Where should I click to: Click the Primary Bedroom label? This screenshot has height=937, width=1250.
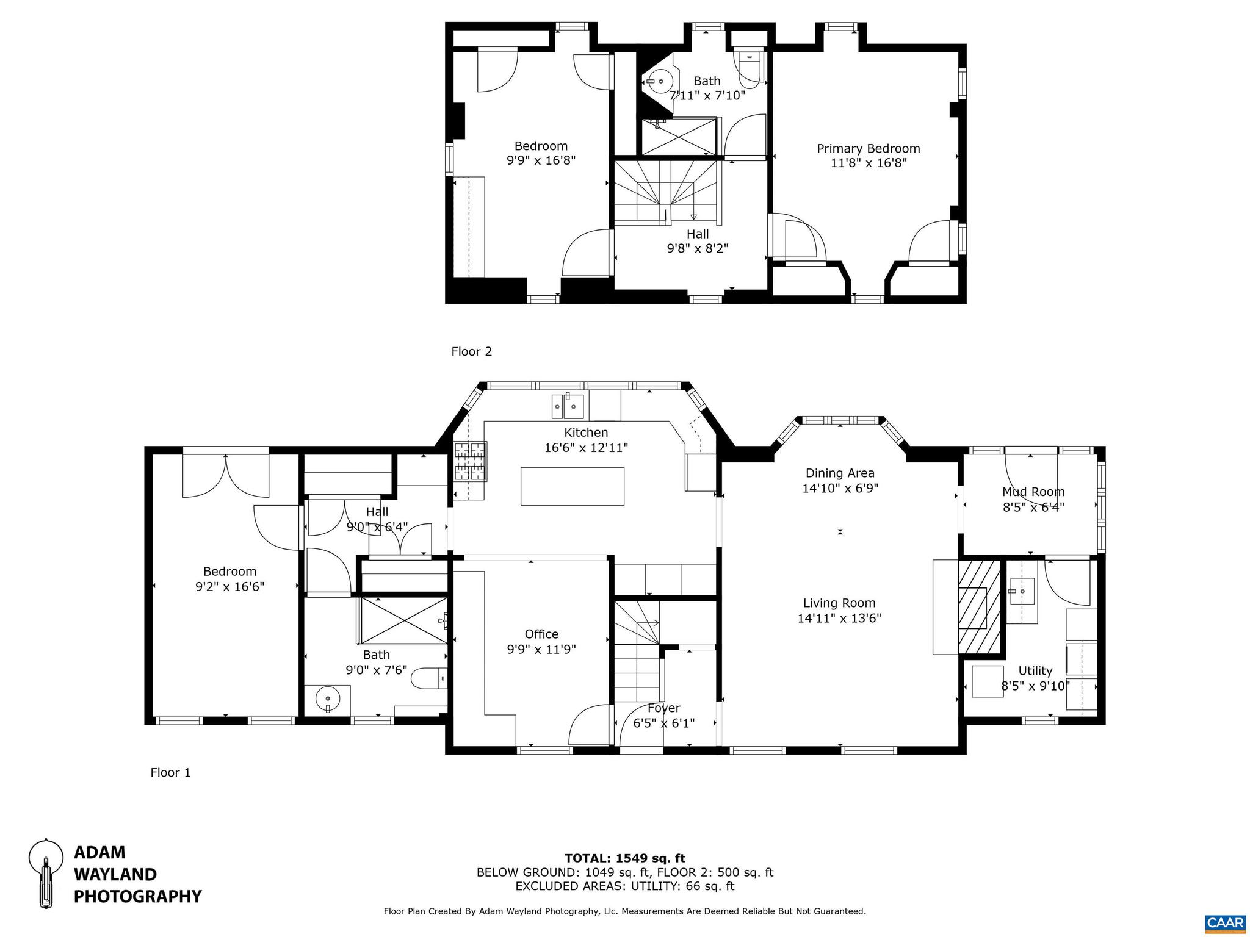[868, 148]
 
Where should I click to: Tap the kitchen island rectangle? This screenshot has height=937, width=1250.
[572, 486]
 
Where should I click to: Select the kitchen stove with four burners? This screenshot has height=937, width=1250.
[470, 461]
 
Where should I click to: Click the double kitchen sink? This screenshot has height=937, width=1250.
[568, 406]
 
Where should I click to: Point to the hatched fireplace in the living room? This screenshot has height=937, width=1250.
[979, 606]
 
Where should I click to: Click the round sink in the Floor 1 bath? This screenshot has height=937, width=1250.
[328, 698]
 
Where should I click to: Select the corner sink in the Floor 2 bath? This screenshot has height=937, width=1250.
[659, 81]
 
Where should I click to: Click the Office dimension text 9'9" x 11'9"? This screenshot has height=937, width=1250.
[541, 649]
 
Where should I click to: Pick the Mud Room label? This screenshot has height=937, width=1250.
[1033, 492]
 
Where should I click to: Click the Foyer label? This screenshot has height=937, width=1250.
[663, 708]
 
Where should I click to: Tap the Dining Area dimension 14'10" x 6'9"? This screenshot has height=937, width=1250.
[840, 488]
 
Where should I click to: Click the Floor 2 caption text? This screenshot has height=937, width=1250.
[471, 351]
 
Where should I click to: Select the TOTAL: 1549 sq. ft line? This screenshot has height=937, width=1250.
[624, 858]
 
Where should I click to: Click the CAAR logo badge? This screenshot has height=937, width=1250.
[1225, 923]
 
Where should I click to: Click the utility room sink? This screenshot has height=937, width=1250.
[1021, 591]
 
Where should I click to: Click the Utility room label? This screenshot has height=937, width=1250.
[1035, 670]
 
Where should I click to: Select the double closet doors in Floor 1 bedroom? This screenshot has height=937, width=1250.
[225, 476]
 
